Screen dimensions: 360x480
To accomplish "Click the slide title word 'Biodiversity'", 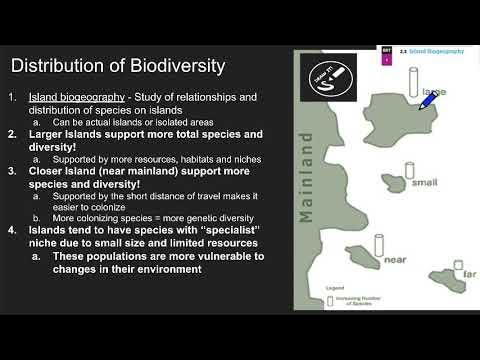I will tap(176, 67).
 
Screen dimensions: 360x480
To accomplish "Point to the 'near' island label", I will tap(395, 259).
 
